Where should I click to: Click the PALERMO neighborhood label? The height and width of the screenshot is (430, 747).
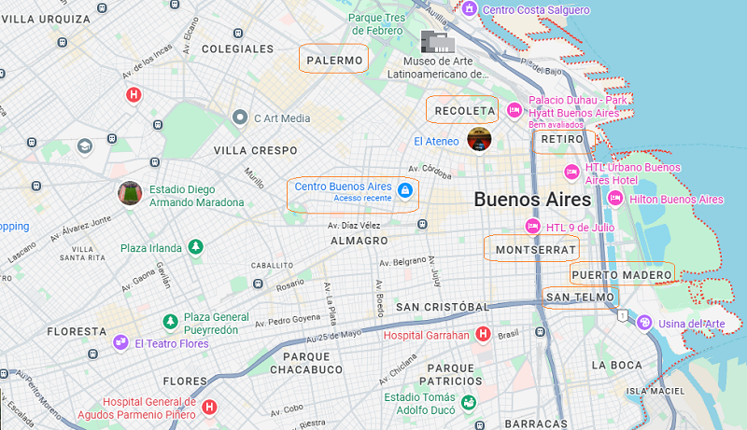[333, 61]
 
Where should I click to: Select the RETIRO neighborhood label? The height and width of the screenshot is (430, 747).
[562, 139]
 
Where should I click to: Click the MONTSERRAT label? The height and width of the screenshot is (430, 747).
[530, 250]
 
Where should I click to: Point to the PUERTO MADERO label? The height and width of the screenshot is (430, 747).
[622, 274]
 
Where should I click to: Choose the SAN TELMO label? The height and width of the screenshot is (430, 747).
[579, 298]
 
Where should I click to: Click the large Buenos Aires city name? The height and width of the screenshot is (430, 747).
[532, 200]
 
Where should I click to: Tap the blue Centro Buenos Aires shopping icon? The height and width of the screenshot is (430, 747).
[404, 190]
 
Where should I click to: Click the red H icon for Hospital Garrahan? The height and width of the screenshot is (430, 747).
[483, 334]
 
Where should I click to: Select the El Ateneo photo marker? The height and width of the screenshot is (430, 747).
[479, 139]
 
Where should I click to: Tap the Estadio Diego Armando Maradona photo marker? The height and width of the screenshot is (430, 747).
[130, 193]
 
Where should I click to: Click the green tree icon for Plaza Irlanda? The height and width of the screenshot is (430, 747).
[195, 247]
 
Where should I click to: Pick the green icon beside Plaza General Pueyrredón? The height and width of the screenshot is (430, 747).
[170, 322]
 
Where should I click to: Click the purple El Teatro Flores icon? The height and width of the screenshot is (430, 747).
[120, 343]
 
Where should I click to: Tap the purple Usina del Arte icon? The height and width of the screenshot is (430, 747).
[643, 323]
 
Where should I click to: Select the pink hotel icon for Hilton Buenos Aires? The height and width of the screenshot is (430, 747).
[614, 199]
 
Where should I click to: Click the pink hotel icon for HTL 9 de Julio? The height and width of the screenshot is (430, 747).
[532, 226]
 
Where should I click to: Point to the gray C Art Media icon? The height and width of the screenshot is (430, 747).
[240, 118]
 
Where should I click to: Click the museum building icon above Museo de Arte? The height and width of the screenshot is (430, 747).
[437, 42]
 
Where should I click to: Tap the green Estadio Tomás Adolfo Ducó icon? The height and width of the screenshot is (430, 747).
[468, 402]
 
